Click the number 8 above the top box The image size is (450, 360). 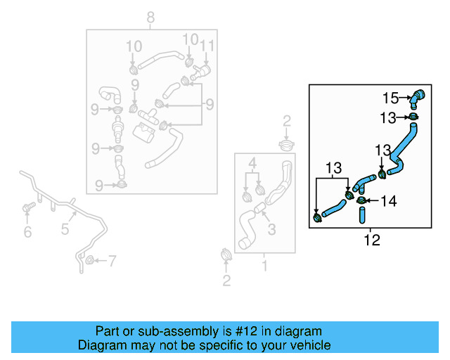149,17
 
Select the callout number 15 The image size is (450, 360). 390,98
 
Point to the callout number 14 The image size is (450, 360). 389,201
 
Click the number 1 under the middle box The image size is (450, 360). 264,266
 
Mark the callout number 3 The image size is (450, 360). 271,229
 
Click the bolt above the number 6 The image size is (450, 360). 28,208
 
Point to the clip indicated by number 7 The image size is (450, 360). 90,262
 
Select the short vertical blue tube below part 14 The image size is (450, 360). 363,215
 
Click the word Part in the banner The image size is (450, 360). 108,331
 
